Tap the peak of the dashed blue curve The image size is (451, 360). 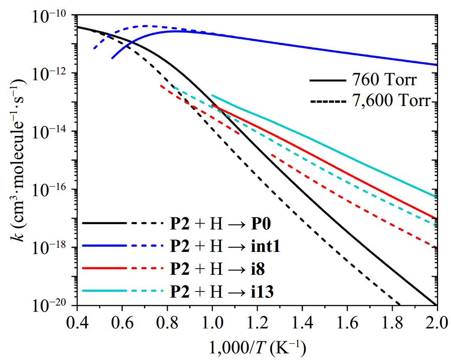click(x=146, y=26)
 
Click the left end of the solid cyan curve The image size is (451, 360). click(x=212, y=95)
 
